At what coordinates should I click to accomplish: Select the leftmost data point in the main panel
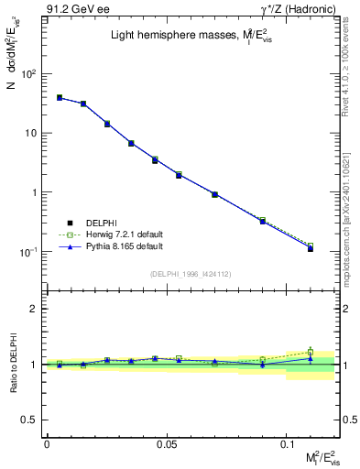coord(59,97)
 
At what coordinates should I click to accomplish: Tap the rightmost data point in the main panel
coord(311,247)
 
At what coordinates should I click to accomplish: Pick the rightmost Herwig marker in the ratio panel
coord(311,352)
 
